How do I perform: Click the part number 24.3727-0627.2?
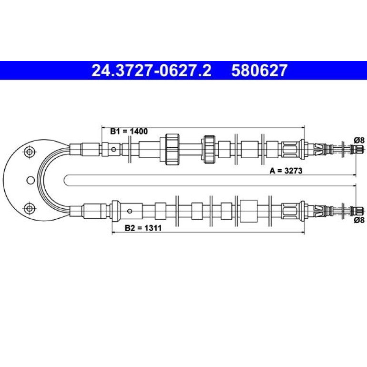(151, 71)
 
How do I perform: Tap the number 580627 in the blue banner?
(259, 71)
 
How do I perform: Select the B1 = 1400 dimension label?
(129, 131)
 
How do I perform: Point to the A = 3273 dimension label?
(286, 171)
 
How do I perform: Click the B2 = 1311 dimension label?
(143, 228)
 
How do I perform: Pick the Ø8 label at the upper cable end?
(359, 140)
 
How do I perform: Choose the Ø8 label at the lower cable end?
(359, 220)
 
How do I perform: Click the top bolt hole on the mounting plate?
(30, 152)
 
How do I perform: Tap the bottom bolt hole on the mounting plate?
(30, 208)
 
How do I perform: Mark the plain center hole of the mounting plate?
(31, 180)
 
